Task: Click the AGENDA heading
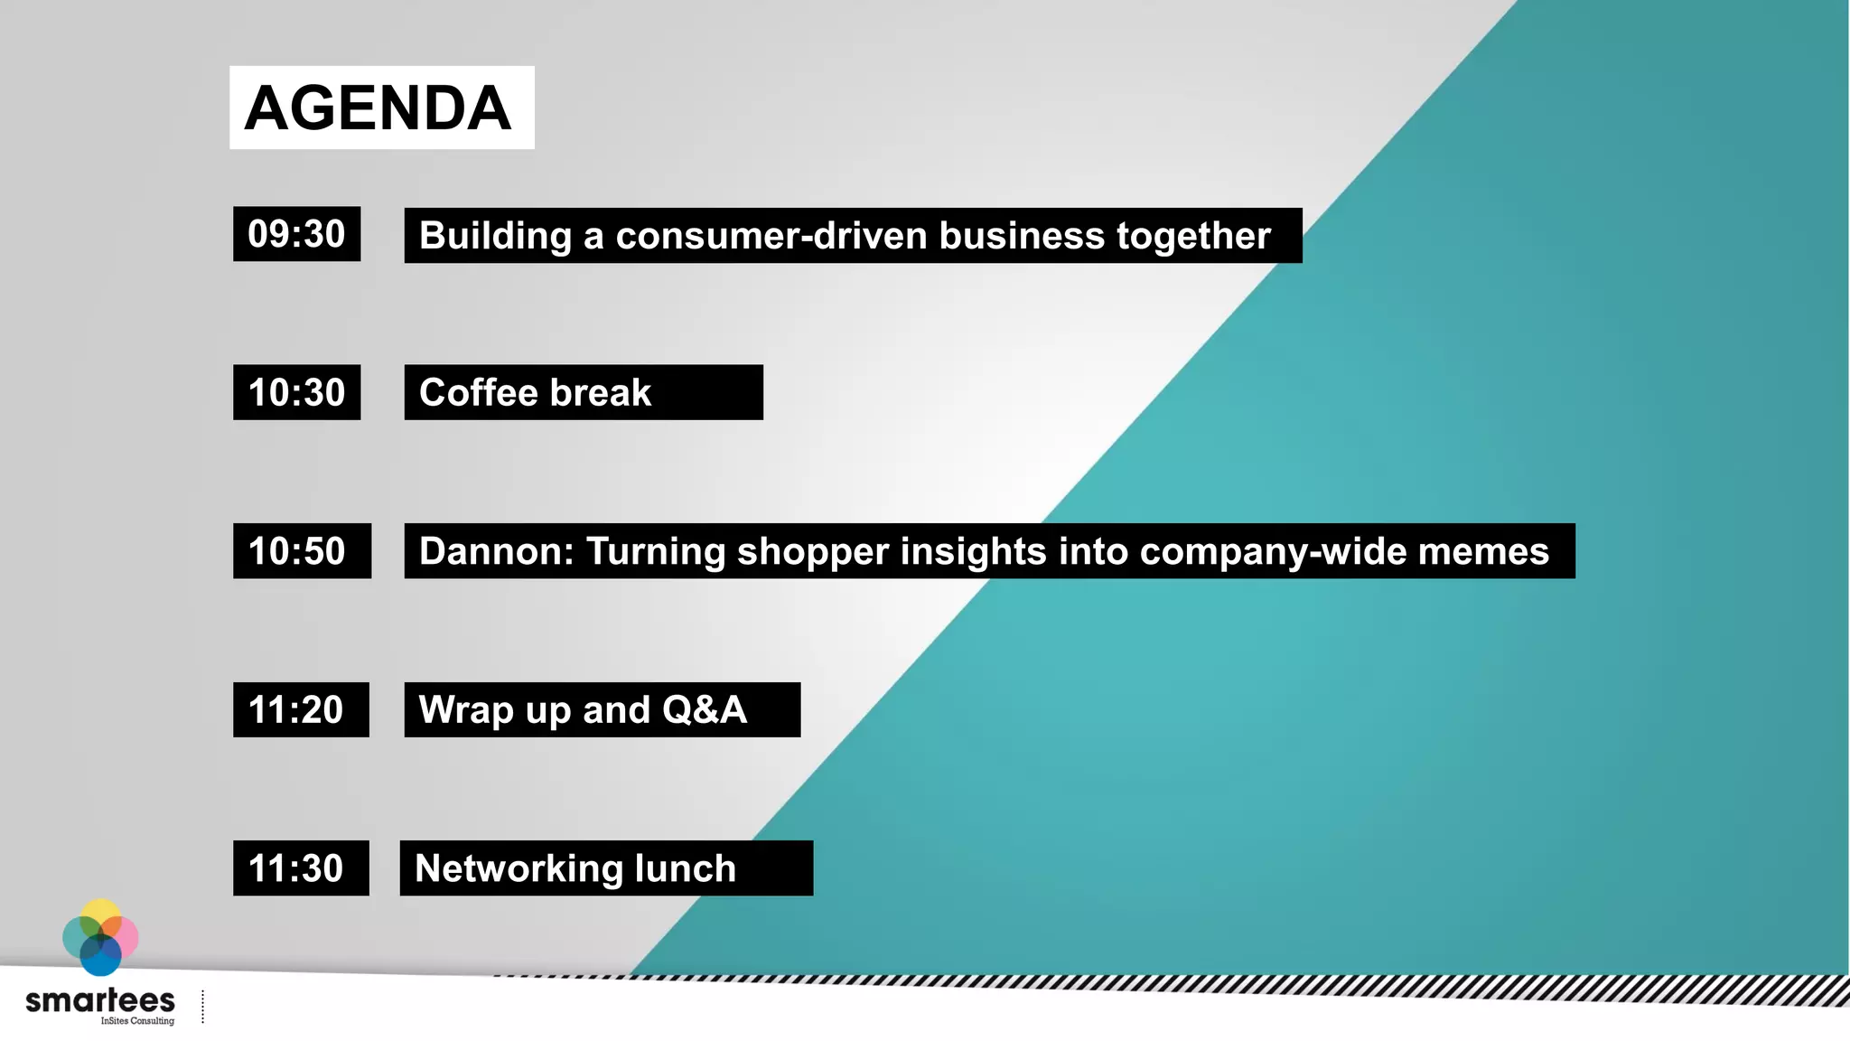(378, 108)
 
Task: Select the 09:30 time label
(296, 234)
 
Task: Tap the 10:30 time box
(296, 392)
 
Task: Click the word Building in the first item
(495, 236)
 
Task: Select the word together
(1193, 236)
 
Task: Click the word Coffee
(479, 393)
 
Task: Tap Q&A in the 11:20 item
(705, 710)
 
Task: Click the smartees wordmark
(100, 1000)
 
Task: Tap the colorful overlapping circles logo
(100, 937)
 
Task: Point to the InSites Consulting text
(137, 1021)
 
